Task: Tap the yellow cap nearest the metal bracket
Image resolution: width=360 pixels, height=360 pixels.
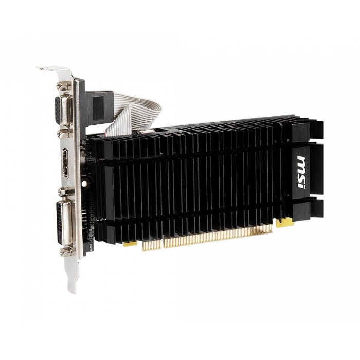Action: point(131,242)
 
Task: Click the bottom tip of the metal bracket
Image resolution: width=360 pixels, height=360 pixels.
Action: point(73,289)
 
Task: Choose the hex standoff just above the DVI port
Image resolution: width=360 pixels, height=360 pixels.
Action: point(65,192)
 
